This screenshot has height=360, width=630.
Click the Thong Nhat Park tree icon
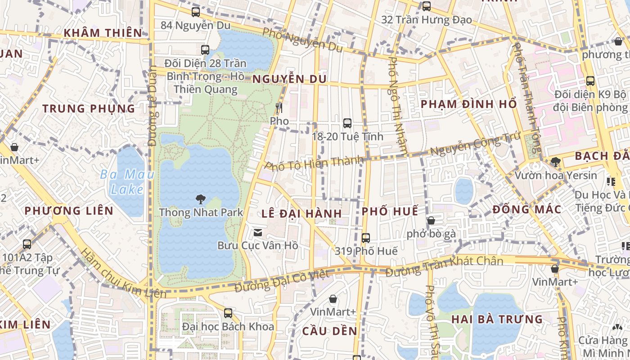[x=200, y=199]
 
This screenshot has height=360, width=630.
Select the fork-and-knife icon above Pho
[x=279, y=108]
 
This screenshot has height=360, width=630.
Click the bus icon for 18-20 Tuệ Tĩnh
[x=347, y=123]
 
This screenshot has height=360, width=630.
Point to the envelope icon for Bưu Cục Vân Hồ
[x=258, y=233]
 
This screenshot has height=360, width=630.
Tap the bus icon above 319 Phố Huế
[x=365, y=238]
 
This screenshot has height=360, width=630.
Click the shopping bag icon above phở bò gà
[x=431, y=220]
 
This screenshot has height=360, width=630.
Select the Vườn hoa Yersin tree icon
[x=555, y=162]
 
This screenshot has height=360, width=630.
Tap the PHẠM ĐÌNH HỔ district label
[x=468, y=104]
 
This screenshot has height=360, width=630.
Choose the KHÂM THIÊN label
[x=103, y=33]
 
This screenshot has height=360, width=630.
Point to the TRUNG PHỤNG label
[x=89, y=108]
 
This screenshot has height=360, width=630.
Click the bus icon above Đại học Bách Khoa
[x=228, y=313]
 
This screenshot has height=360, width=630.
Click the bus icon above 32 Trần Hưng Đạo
[x=426, y=6]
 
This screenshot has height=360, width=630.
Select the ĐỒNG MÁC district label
[x=527, y=209]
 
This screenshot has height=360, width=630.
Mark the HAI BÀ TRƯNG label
[x=497, y=319]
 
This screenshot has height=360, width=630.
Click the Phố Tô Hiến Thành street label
[x=314, y=163]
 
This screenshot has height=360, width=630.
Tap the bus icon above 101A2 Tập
[x=27, y=244]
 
